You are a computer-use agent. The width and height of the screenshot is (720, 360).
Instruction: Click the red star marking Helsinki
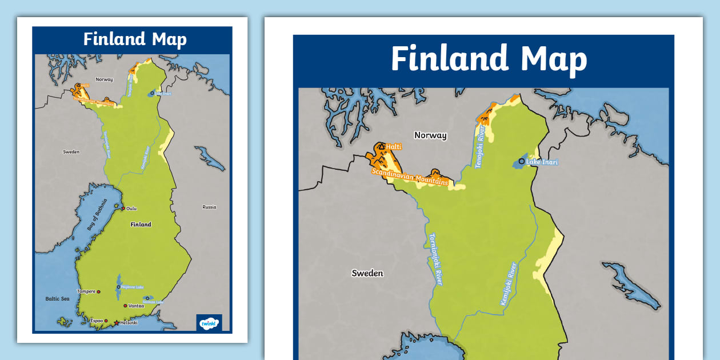pyautogui.click(x=117, y=323)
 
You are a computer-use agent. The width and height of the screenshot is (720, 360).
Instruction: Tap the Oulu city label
pyautogui.click(x=131, y=209)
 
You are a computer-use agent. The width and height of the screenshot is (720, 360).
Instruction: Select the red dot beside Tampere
pyautogui.click(x=98, y=292)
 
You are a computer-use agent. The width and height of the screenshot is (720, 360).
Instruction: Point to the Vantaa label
pyautogui.click(x=136, y=306)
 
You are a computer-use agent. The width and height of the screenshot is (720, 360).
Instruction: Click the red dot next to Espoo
pyautogui.click(x=106, y=321)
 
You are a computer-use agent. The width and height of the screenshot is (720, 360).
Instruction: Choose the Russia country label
pyautogui.click(x=209, y=207)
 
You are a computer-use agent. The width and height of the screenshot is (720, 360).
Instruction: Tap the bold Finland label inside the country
pyautogui.click(x=141, y=225)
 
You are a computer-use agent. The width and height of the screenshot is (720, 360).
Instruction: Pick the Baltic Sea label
pyautogui.click(x=57, y=299)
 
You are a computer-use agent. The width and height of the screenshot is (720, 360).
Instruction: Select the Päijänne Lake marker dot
pyautogui.click(x=118, y=286)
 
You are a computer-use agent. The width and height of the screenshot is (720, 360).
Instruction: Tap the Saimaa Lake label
pyautogui.click(x=154, y=302)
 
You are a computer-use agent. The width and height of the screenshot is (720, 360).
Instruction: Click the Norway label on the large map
pyautogui.click(x=430, y=135)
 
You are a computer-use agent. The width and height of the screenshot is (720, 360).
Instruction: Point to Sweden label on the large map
pyautogui.click(x=367, y=273)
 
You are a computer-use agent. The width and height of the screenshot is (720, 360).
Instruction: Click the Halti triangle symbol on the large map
pyautogui.click(x=380, y=147)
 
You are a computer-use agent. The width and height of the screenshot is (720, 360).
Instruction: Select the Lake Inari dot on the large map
pyautogui.click(x=521, y=161)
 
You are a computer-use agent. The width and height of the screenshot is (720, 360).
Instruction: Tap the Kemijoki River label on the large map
pyautogui.click(x=509, y=283)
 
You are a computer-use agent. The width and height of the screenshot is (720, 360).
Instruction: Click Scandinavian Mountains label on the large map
pyautogui.click(x=410, y=177)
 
